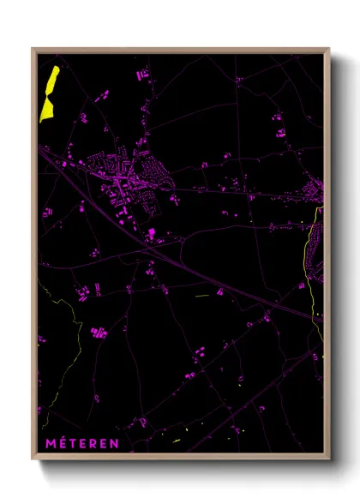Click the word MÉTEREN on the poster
point(84,443)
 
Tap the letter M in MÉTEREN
point(50,443)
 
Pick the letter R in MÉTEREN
point(95,443)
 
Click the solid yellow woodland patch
point(49,93)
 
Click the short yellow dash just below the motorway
point(202,297)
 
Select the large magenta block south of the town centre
point(151,232)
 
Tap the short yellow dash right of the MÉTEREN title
point(177,441)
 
